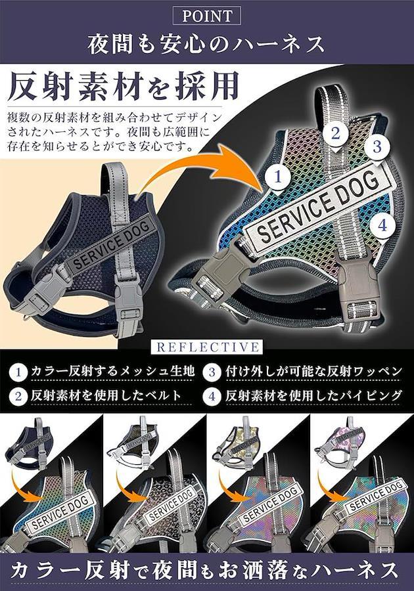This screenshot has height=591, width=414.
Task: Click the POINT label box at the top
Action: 206,16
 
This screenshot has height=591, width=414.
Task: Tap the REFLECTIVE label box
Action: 207,347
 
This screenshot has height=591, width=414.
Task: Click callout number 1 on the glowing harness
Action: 277,177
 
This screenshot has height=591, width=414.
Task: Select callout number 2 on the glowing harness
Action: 336,133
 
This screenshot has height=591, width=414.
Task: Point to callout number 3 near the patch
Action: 377,146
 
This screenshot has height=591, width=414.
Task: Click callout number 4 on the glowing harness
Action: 382,226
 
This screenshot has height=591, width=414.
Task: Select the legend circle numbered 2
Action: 18,397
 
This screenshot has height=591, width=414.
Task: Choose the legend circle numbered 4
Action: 212,397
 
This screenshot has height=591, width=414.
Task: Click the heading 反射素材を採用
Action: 124,86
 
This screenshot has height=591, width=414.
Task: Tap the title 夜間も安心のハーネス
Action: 206,44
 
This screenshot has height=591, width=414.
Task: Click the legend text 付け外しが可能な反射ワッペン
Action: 313,372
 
